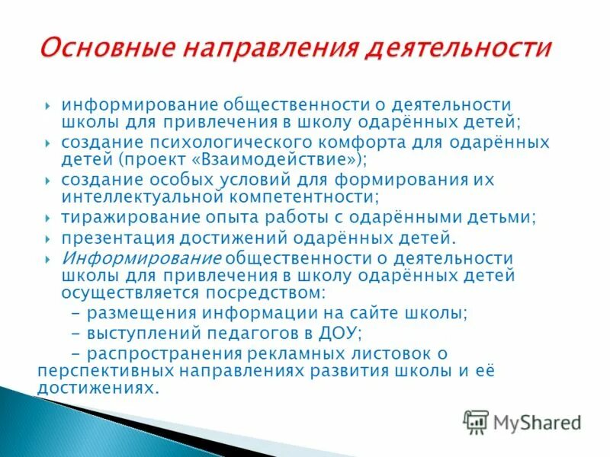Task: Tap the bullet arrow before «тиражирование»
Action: pos(47,218)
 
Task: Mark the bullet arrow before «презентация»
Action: pos(47,238)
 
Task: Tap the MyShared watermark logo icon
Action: pos(476,421)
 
